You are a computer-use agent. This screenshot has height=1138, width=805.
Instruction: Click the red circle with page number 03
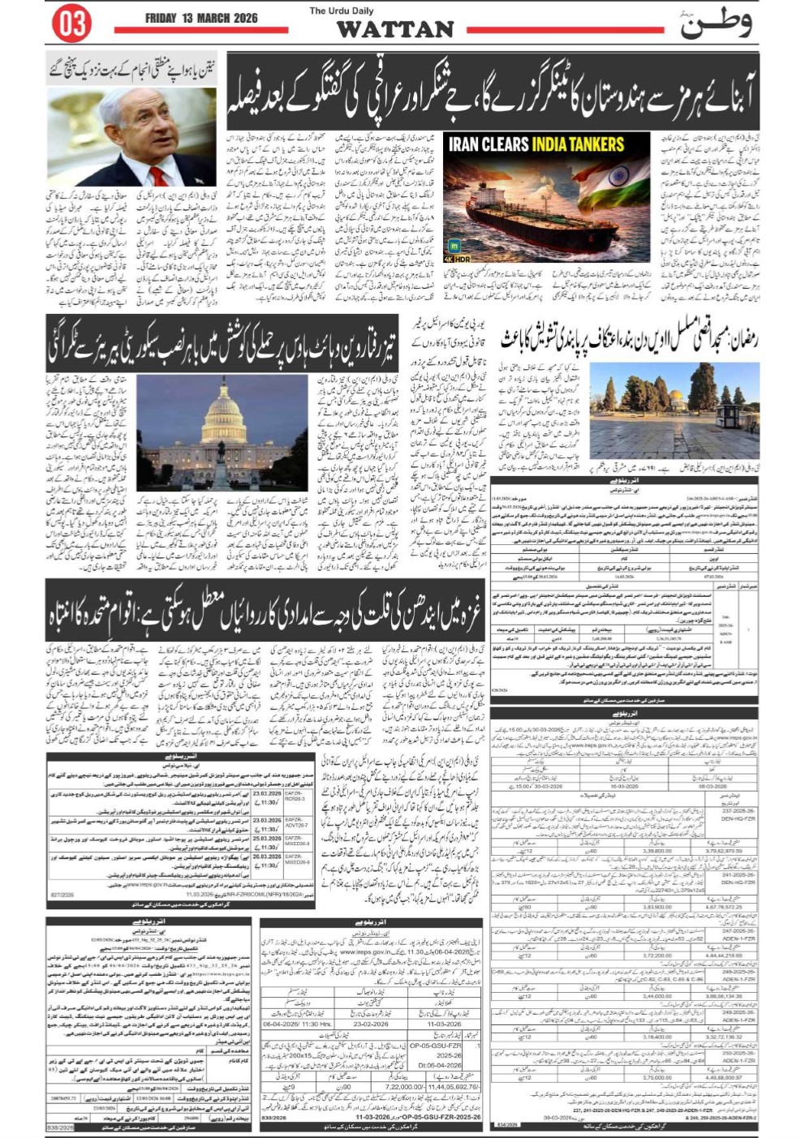coord(71,24)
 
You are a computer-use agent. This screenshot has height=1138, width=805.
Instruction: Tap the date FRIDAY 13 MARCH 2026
coord(201,19)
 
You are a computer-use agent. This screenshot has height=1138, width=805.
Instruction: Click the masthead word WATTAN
coord(395,29)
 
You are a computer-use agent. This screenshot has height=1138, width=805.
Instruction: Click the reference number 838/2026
coord(61,1127)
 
